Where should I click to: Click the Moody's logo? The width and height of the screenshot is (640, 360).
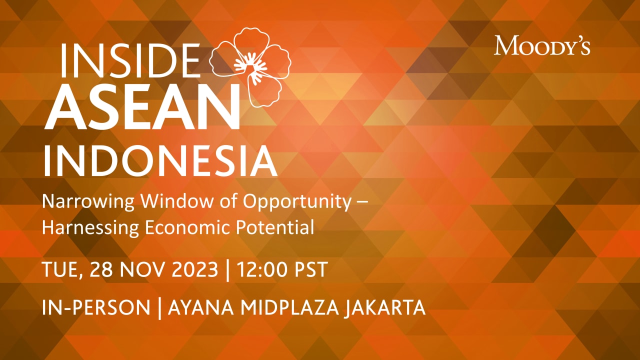click(542, 45)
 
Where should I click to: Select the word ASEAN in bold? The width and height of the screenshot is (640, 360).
click(143, 106)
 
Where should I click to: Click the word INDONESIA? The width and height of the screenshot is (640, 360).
click(160, 160)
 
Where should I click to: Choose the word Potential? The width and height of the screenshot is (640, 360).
click(278, 228)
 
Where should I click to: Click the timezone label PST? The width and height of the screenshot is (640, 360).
click(309, 269)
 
